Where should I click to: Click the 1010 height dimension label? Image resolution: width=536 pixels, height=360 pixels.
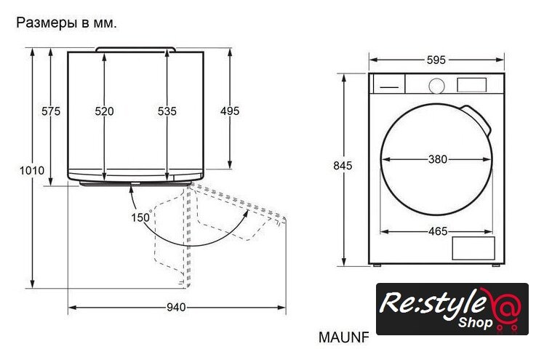(x=32, y=170)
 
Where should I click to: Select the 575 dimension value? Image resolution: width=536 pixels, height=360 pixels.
(x=51, y=111)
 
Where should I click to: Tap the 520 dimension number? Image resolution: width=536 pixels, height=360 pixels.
(x=104, y=111)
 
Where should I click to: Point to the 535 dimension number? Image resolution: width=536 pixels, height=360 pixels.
(x=167, y=111)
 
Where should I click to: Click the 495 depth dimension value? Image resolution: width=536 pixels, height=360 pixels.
(x=230, y=111)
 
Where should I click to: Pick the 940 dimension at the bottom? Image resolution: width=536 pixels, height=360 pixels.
(x=177, y=308)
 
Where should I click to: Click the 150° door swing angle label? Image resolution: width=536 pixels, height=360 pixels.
(x=141, y=217)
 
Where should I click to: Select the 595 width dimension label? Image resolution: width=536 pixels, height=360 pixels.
(x=436, y=60)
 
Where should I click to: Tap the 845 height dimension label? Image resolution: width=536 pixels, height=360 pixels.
(x=343, y=166)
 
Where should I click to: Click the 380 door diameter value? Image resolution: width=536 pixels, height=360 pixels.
(x=438, y=159)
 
